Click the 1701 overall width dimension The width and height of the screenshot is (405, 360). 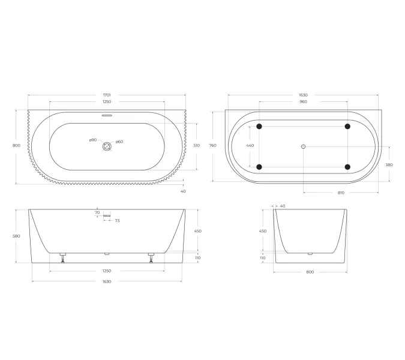pyautogui.click(x=107, y=95)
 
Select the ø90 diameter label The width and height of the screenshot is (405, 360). pyautogui.click(x=92, y=140)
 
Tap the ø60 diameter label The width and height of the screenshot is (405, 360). pyautogui.click(x=119, y=142)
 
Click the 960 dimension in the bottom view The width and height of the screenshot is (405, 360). pyautogui.click(x=303, y=102)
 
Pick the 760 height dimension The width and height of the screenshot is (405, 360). pyautogui.click(x=212, y=146)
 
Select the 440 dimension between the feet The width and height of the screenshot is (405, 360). pyautogui.click(x=250, y=146)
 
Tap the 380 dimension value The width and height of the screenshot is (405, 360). pyautogui.click(x=389, y=164)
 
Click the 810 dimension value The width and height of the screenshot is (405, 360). pyautogui.click(x=340, y=193)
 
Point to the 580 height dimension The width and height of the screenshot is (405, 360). pyautogui.click(x=17, y=236)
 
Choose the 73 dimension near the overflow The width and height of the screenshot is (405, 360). pyautogui.click(x=117, y=221)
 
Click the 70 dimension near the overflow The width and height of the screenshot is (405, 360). pyautogui.click(x=97, y=212)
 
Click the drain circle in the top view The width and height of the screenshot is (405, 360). pyautogui.click(x=107, y=146)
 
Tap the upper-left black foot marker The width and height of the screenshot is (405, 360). pyautogui.click(x=259, y=127)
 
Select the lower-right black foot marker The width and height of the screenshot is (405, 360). pyautogui.click(x=348, y=166)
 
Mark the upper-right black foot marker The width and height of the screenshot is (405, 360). pyautogui.click(x=348, y=127)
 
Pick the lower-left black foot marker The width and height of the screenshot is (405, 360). pyautogui.click(x=259, y=166)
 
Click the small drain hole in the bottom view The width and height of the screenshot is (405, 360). pyautogui.click(x=304, y=146)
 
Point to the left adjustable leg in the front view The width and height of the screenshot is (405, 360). pyautogui.click(x=62, y=258)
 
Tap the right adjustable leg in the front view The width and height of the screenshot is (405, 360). pyautogui.click(x=151, y=258)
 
